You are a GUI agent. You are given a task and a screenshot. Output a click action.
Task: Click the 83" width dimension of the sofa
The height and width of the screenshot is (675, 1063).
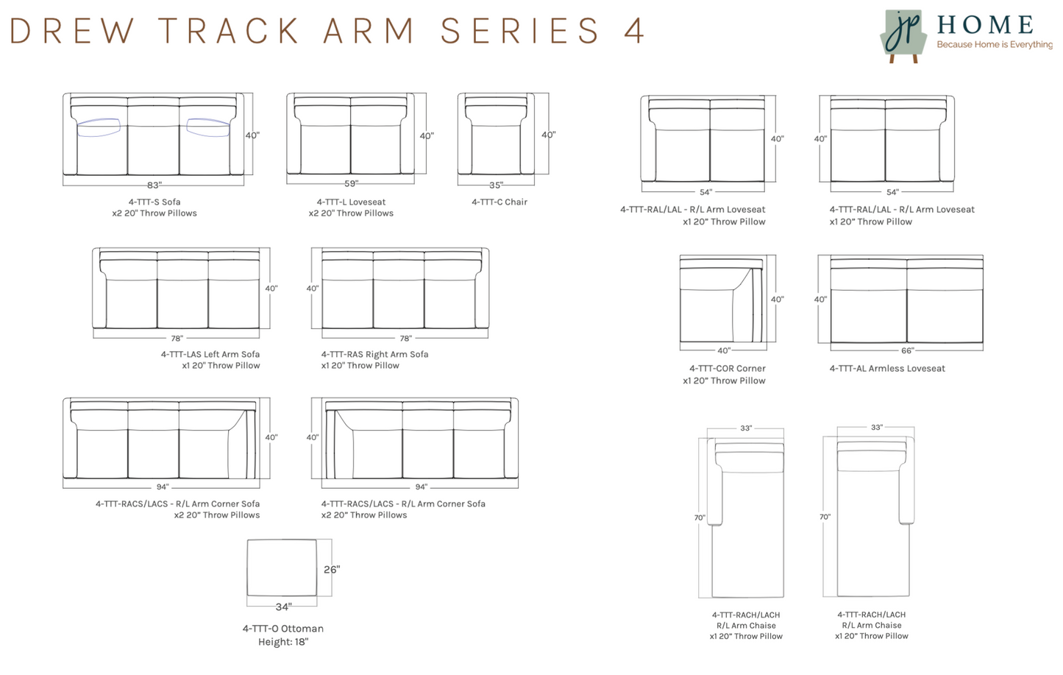pos(154,185)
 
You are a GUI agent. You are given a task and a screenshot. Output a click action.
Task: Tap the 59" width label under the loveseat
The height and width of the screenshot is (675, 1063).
pos(351,183)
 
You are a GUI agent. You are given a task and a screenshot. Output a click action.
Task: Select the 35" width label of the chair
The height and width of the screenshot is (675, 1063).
pos(496,185)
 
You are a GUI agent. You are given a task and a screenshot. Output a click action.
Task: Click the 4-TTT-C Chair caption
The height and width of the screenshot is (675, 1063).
pos(499,202)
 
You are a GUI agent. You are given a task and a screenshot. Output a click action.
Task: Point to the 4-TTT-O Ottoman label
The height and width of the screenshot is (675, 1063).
pos(282,629)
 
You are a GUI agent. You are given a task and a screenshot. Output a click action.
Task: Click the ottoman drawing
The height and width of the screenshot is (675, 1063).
pos(282,568)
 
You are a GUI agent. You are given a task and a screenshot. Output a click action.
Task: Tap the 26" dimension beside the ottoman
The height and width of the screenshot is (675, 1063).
pos(331,569)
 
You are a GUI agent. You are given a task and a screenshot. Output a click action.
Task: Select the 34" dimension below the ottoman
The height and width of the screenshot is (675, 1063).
pos(283,607)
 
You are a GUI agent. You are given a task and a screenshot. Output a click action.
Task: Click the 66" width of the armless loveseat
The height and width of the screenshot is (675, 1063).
pos(907,350)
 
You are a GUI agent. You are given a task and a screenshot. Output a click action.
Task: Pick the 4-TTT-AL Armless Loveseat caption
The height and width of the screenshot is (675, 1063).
pos(887,368)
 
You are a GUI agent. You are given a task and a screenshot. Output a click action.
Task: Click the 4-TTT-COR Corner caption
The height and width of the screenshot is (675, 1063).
pos(727,368)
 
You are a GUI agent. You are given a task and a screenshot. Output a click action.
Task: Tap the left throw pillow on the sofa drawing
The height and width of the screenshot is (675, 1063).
pos(99,127)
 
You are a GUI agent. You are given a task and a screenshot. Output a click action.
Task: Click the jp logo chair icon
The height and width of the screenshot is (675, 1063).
pos(903,35)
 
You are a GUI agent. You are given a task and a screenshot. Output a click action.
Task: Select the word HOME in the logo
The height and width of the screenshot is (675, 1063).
pos(985,25)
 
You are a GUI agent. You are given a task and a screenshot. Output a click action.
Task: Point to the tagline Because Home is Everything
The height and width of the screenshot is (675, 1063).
pos(994,45)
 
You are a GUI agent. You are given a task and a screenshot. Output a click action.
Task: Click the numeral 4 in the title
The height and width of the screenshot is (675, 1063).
pos(633,31)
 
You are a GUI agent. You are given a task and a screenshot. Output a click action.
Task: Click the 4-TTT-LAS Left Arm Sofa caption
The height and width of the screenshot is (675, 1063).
pos(210,354)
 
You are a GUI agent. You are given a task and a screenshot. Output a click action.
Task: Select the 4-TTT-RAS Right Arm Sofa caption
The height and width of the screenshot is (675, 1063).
pos(374,354)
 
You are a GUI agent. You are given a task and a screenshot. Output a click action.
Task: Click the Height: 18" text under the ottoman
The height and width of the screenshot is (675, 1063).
pos(282,642)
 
